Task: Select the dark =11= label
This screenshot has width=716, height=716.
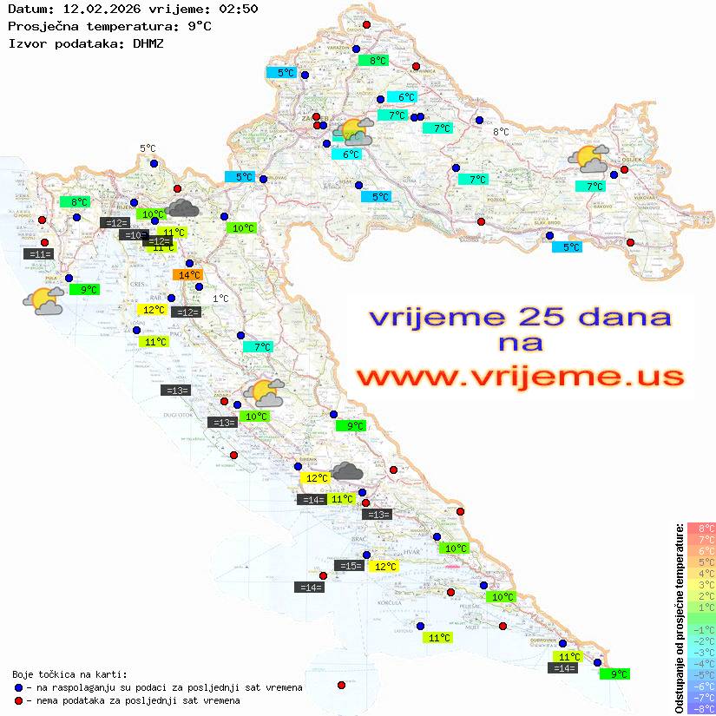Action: click(39, 254)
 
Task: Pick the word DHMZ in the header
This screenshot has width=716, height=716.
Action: click(148, 42)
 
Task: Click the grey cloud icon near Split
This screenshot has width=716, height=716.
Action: click(347, 471)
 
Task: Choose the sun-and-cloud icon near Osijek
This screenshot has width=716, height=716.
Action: click(588, 159)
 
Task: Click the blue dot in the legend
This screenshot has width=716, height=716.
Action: click(19, 687)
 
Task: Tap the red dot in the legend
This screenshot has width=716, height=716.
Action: click(19, 700)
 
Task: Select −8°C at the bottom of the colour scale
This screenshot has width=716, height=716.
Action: click(701, 708)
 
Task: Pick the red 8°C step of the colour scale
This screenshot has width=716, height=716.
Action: click(701, 528)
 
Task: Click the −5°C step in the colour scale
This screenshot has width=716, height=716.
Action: click(701, 674)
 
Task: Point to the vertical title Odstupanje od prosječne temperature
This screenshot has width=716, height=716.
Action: click(679, 619)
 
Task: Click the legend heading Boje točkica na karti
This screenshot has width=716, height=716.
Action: click(69, 673)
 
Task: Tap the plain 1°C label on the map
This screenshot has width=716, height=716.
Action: click(220, 299)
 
